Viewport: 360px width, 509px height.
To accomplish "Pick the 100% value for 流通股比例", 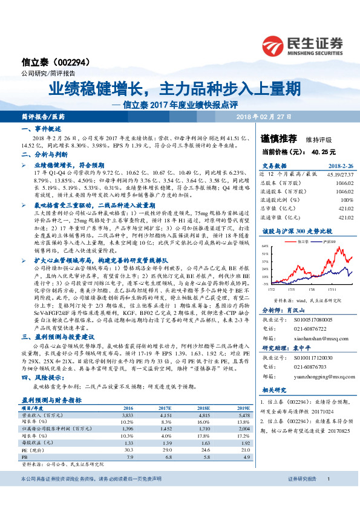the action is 347,199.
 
